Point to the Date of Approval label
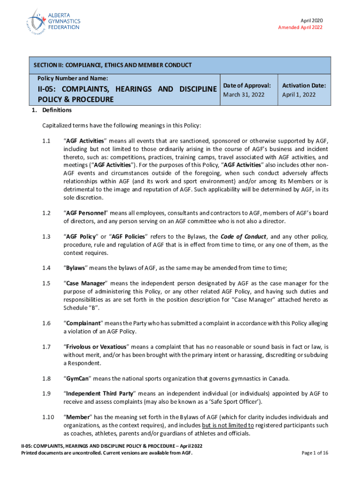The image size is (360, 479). coord(247,86)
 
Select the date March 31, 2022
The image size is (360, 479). coord(244,94)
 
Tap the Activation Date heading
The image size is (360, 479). coord(304,86)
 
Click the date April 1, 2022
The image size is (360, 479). coord(299,94)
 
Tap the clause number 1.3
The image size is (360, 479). coord(46,237)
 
